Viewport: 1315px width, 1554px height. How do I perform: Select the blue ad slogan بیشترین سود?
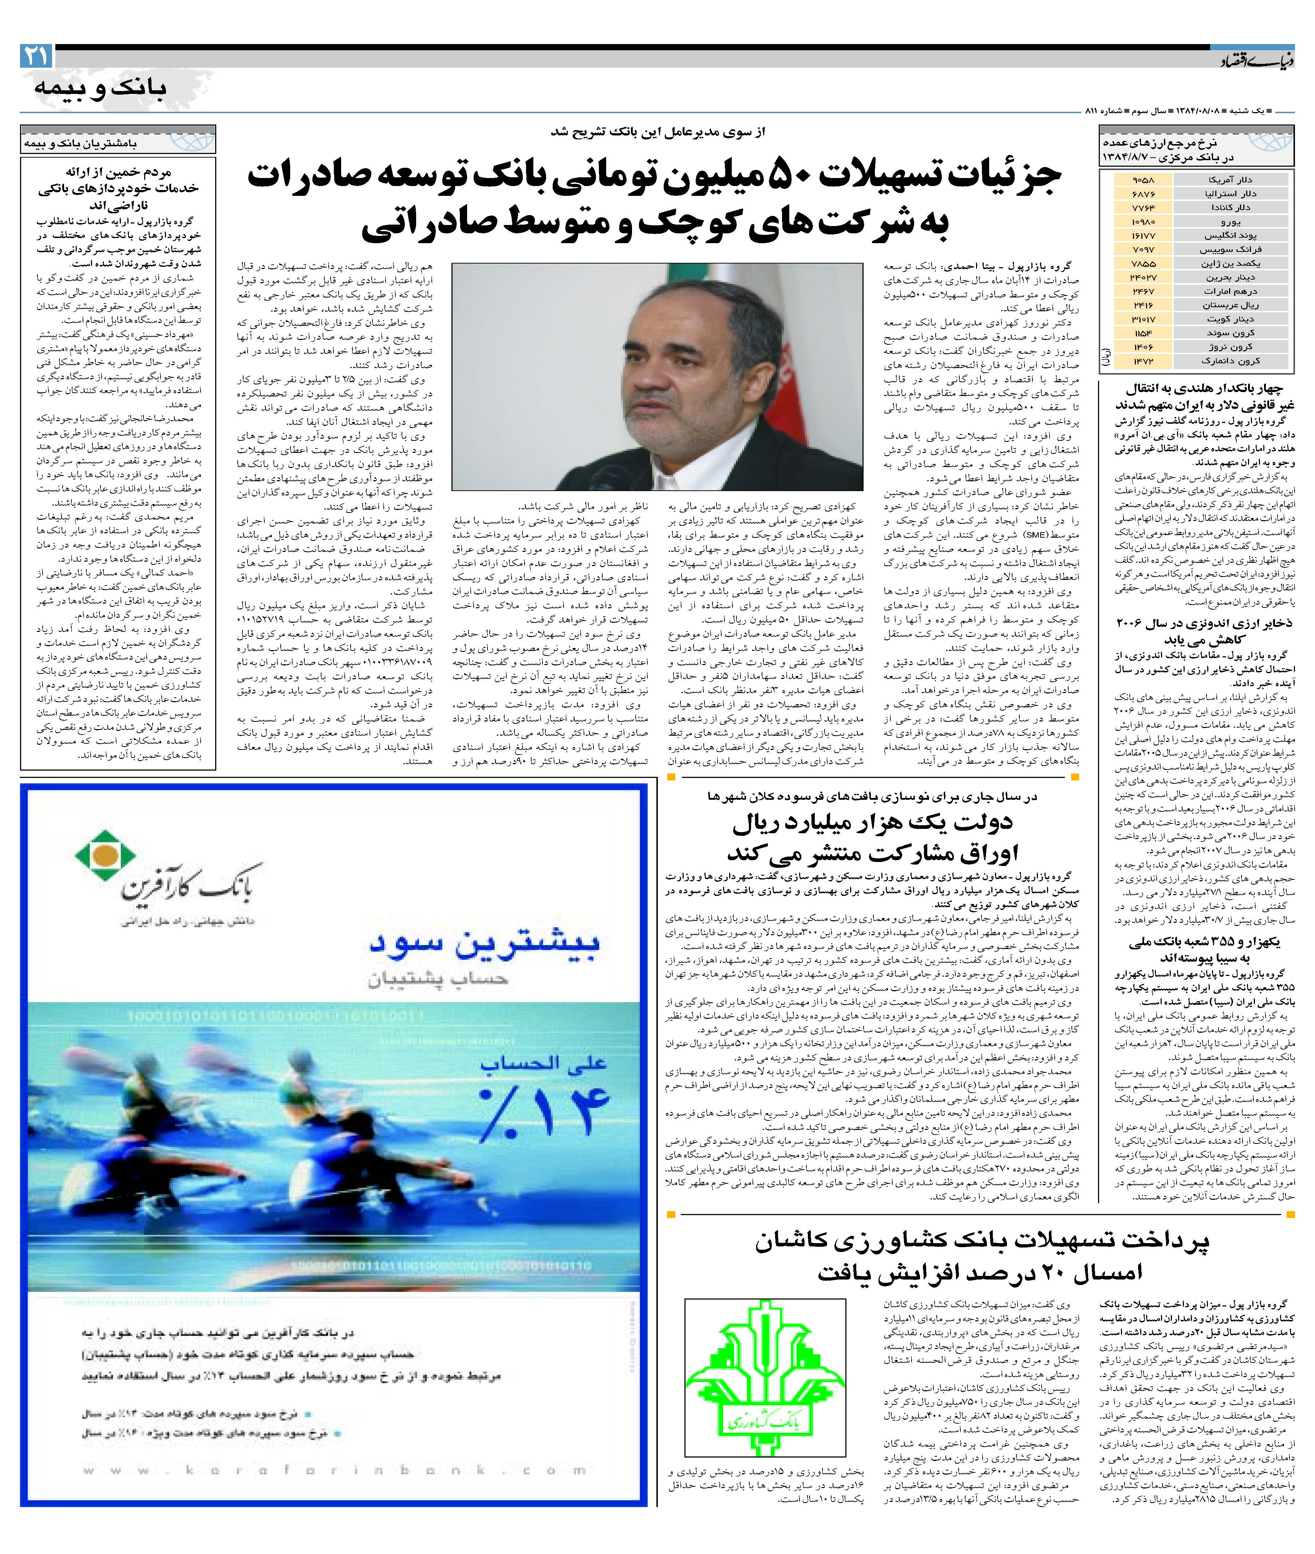485,943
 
